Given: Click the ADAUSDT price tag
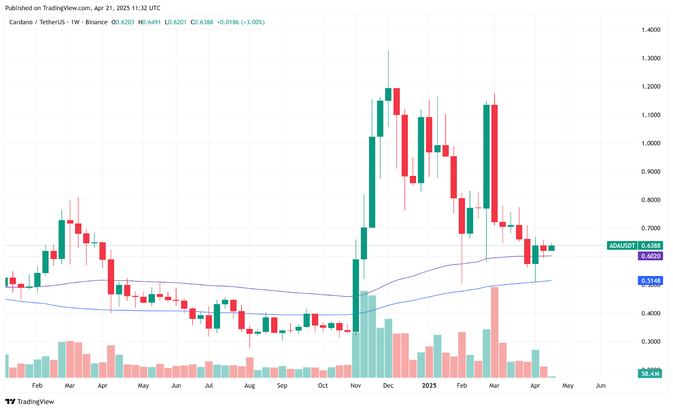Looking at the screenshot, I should [x=622, y=245].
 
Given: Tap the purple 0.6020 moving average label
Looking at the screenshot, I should [x=650, y=256].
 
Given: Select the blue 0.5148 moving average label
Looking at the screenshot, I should [x=650, y=280].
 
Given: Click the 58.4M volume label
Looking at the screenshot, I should [x=650, y=374].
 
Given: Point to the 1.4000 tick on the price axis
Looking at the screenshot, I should [x=651, y=30].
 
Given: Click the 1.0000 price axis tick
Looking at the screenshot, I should [x=651, y=143].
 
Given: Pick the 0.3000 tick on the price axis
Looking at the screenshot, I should [x=651, y=342].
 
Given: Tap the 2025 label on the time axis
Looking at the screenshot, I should [x=429, y=385].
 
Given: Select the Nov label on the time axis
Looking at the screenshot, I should [x=356, y=385].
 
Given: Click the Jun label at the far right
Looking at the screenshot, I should [x=601, y=385].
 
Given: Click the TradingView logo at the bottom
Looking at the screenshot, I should [x=30, y=402].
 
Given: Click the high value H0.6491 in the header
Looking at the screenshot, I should [x=149, y=22].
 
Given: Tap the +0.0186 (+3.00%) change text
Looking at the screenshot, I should [x=241, y=22].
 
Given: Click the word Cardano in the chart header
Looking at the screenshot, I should [x=21, y=22].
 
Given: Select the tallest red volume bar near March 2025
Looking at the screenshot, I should [x=495, y=332].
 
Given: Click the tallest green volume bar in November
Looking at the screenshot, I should [x=364, y=334].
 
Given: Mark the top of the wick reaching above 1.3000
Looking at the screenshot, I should [x=388, y=51].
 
